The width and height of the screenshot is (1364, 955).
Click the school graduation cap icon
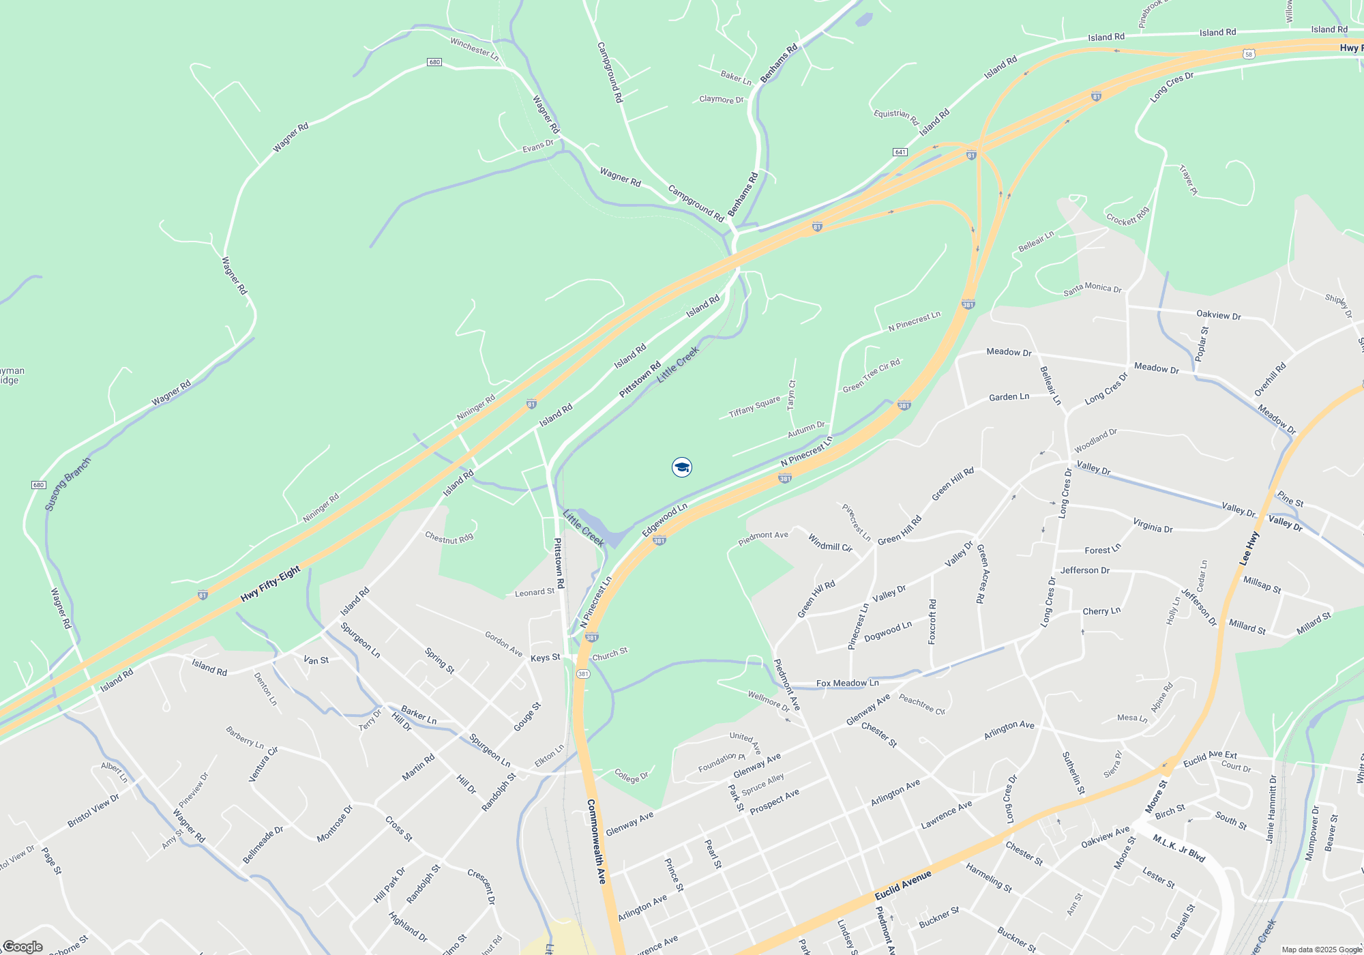pyautogui.click(x=681, y=467)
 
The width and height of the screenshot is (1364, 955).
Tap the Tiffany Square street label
pyautogui.click(x=754, y=407)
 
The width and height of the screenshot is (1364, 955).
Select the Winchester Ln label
pyautogui.click(x=475, y=49)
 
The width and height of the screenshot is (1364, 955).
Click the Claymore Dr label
pyautogui.click(x=721, y=100)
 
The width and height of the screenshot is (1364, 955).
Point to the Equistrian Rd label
pyautogui.click(x=896, y=117)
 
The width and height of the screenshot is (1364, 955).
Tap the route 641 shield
pyautogui.click(x=900, y=151)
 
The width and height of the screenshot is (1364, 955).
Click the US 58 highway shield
pyautogui.click(x=1248, y=54)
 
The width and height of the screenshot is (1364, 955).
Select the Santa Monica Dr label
pyautogui.click(x=1092, y=289)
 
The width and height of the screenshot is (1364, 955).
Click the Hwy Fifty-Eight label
pyautogui.click(x=270, y=585)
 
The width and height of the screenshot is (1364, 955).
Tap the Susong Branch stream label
pyautogui.click(x=68, y=484)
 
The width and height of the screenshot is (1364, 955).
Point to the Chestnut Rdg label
pyautogui.click(x=449, y=538)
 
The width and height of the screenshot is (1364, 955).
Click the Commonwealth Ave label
pyautogui.click(x=596, y=841)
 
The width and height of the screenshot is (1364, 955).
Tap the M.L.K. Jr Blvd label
pyautogui.click(x=1179, y=849)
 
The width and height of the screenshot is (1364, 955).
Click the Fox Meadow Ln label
pyautogui.click(x=847, y=683)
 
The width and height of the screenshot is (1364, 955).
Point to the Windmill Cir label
pyautogui.click(x=830, y=543)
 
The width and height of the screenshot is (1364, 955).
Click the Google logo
pyautogui.click(x=23, y=947)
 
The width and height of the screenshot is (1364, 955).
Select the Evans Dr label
pyautogui.click(x=537, y=147)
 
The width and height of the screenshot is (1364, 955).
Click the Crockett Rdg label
pyautogui.click(x=1127, y=216)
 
